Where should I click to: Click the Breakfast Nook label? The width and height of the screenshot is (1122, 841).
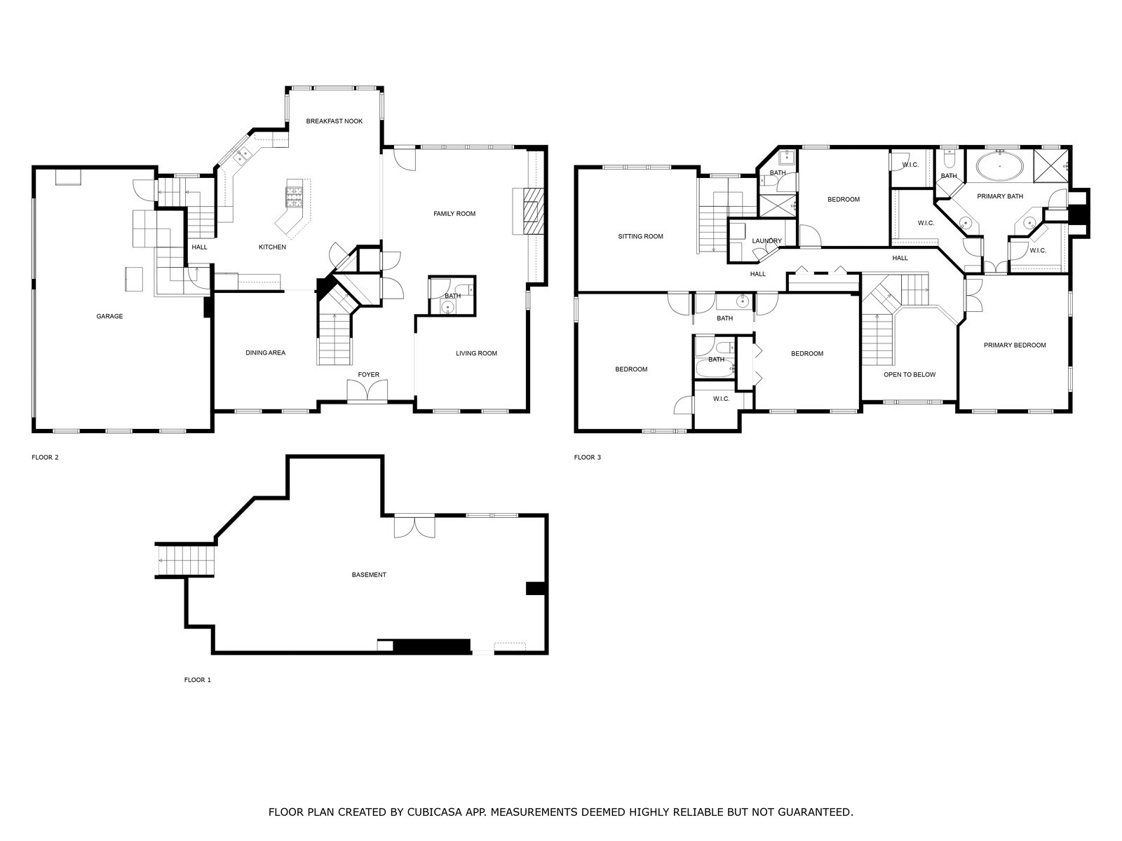coord(334,121)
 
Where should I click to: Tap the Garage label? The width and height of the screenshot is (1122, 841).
coord(109,316)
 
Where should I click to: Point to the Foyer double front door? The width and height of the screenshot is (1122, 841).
coord(367,392)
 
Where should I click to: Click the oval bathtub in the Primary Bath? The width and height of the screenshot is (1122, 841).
coord(1000,167)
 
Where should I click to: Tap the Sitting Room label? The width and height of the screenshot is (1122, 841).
coord(640,236)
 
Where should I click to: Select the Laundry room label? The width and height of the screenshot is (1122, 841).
coord(766,241)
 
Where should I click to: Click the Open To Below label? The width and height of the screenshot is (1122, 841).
coord(910,374)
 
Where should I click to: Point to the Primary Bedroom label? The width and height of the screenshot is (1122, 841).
coord(1015,345)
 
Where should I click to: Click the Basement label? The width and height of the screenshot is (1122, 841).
coord(369,575)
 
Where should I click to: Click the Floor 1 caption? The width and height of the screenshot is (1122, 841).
coord(197,680)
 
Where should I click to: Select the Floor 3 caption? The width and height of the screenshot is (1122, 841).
coord(588,457)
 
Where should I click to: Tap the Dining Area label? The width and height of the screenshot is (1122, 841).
coord(266,353)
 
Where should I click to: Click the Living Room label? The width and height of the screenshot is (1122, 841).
coord(476,353)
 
